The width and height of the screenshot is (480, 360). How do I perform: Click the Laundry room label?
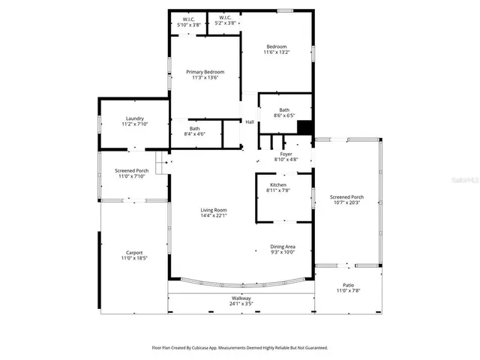(135, 118)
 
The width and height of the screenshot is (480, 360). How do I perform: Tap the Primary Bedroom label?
(205, 72)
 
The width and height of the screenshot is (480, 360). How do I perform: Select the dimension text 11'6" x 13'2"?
(275, 52)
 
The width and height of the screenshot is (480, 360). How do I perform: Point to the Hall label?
(250, 122)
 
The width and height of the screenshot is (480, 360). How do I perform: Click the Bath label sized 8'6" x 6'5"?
(284, 110)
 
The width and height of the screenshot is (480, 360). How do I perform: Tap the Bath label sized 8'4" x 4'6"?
(194, 129)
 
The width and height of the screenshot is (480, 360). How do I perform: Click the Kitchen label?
(278, 185)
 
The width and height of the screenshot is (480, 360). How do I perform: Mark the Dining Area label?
(283, 247)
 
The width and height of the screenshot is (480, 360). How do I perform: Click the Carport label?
(134, 253)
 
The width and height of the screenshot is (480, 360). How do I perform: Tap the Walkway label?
(241, 298)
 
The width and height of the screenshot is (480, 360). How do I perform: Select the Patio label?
(348, 285)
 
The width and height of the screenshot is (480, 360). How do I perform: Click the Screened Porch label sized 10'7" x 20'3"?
(346, 197)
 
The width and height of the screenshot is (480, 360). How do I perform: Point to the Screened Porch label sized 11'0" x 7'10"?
(131, 171)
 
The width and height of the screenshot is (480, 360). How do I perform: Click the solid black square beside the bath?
(304, 126)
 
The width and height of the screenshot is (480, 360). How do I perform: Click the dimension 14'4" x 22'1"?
(214, 216)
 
